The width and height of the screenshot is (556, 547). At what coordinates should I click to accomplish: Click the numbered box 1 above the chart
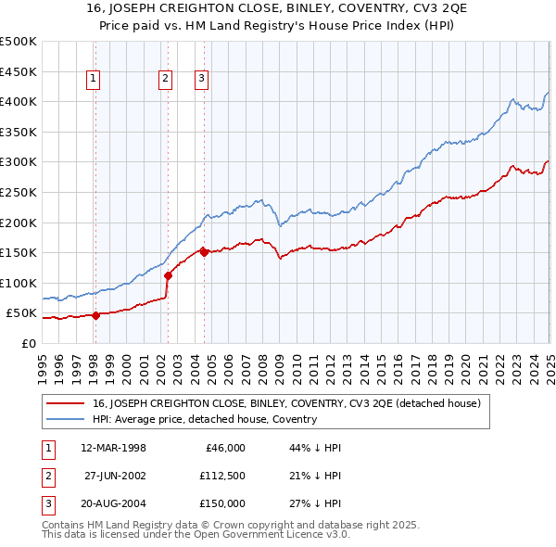95,80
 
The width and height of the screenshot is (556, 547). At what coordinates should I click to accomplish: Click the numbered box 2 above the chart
165,80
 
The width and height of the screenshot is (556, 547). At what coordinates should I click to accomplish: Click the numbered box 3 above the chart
201,80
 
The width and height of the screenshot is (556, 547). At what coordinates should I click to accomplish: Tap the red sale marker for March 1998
95,315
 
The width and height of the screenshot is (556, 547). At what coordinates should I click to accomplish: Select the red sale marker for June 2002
168,274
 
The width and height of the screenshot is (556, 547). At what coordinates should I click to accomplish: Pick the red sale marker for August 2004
204,252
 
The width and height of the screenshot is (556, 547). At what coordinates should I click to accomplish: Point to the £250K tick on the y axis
19,192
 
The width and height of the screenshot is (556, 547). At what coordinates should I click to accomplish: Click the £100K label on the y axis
19,283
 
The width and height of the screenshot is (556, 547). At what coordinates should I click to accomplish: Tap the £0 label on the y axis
28,343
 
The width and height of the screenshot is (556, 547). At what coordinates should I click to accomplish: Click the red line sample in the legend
66,403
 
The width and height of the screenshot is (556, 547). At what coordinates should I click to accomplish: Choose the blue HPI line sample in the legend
66,419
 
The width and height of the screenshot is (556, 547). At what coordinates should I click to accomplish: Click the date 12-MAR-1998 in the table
114,448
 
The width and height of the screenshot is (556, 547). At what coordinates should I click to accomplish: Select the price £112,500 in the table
221,476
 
